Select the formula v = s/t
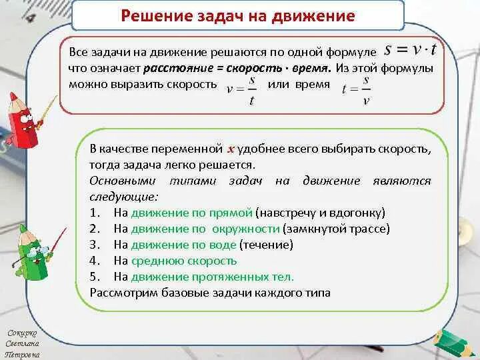[x=241, y=88]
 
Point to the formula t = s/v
[x=356, y=88]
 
